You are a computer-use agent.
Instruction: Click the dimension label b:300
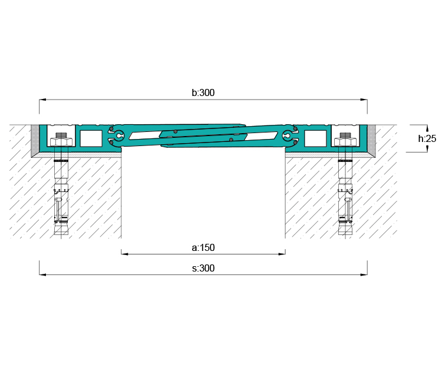(203, 92)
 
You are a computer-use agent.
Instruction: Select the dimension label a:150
(203, 247)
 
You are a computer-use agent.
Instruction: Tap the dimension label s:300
(203, 268)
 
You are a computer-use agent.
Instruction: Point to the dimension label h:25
(427, 138)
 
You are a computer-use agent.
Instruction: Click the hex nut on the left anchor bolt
(61, 142)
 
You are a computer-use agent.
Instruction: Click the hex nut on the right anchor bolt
(345, 142)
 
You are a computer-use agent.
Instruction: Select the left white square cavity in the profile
(91, 138)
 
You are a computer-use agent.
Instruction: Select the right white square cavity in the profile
(315, 138)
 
